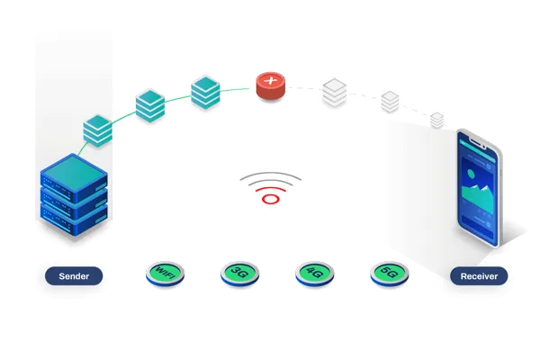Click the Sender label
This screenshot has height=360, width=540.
74,276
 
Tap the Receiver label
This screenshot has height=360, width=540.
479,276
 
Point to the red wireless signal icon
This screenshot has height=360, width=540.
270,190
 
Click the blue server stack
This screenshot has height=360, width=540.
75,198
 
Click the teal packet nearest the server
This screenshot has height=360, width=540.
96,131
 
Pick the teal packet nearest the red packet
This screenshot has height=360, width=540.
206,93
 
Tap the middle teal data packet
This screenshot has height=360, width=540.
150,106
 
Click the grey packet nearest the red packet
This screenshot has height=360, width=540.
334,92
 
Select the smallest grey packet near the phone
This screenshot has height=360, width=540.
437,120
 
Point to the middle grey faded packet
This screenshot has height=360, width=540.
390,102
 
